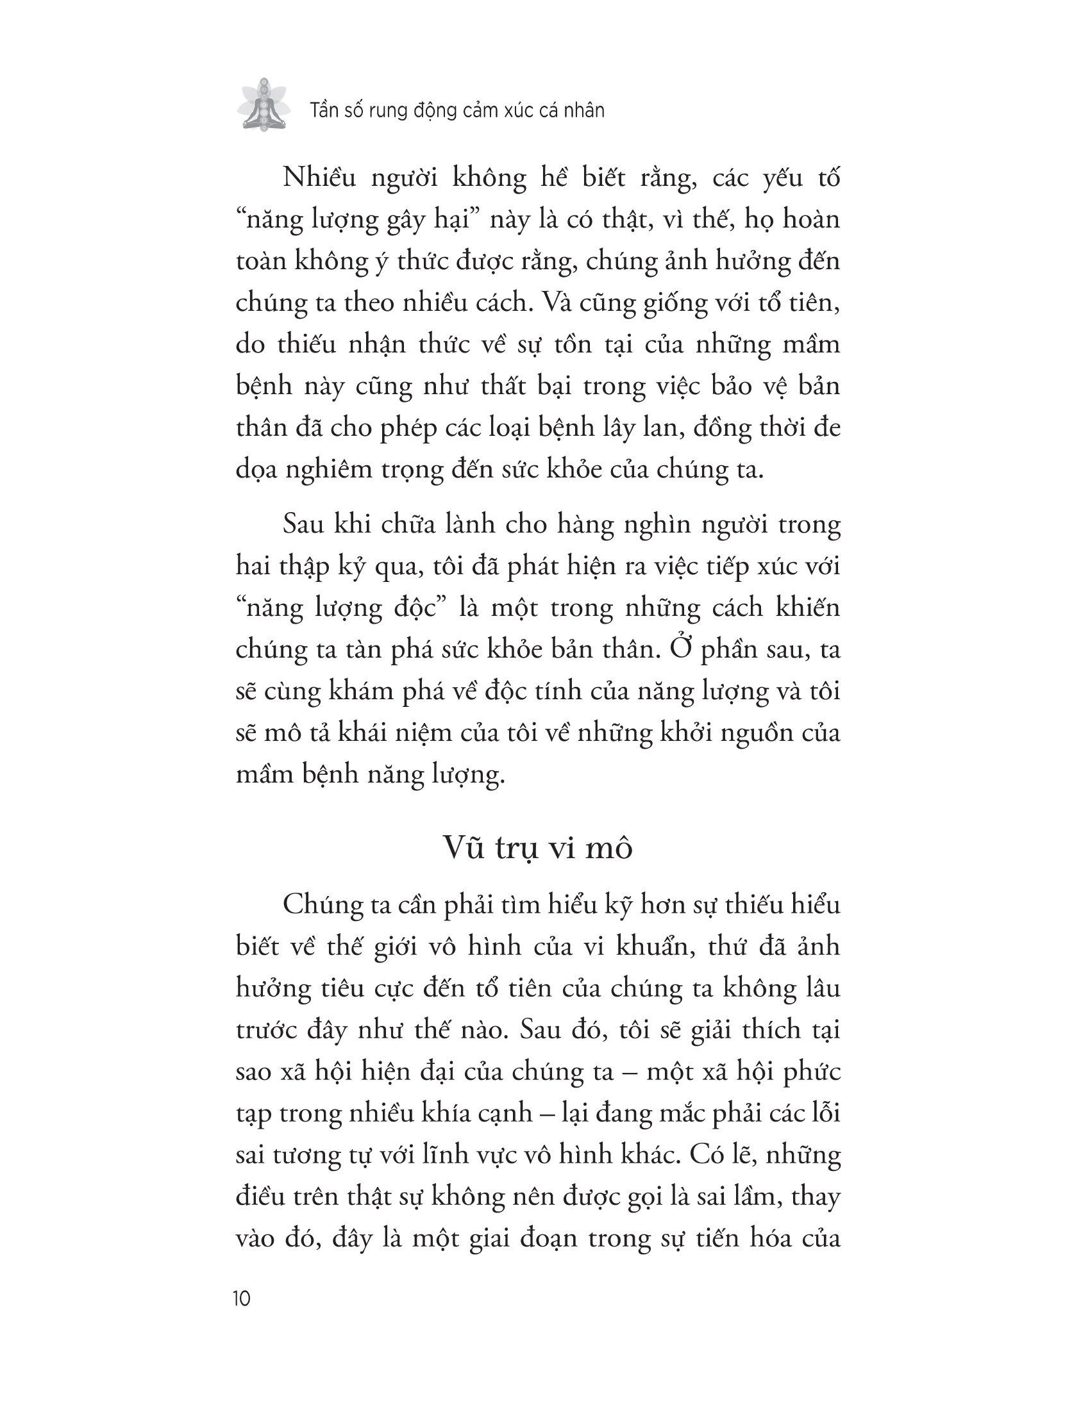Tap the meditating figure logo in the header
pyautogui.click(x=261, y=105)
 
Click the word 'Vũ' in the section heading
pyautogui.click(x=464, y=849)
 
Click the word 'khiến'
pyautogui.click(x=806, y=608)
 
